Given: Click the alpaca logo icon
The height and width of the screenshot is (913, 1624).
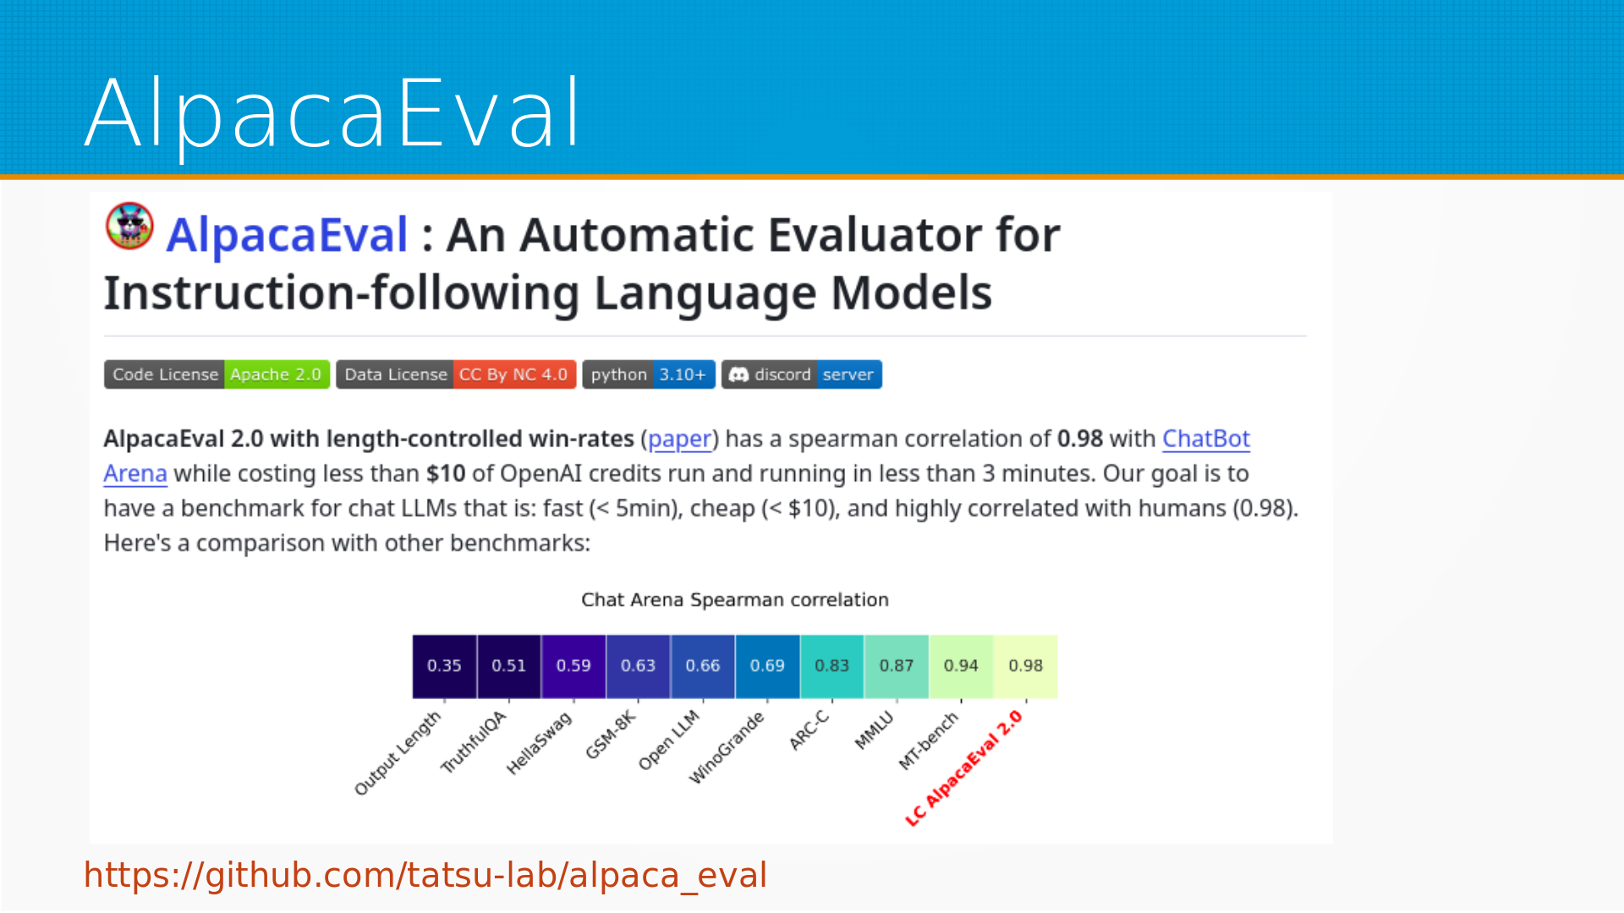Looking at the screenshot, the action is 129,227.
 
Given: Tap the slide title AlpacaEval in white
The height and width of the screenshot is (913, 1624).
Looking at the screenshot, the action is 333,113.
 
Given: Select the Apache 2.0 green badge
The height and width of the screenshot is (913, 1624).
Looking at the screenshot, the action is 277,374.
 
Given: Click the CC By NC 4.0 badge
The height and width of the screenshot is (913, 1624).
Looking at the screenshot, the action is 514,374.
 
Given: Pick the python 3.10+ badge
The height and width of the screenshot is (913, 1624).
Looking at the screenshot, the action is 649,374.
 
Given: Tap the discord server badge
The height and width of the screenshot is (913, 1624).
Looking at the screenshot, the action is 802,374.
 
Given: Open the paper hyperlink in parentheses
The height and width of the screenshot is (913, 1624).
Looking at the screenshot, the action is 679,439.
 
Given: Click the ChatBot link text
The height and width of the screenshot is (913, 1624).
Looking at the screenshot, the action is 1205,439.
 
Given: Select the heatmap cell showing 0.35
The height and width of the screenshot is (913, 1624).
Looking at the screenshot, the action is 444,666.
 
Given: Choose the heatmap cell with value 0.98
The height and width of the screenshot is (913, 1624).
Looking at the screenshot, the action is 1026,666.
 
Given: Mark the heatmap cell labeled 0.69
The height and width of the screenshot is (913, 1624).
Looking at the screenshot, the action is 767,666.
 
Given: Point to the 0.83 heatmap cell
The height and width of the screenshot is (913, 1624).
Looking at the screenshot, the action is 832,666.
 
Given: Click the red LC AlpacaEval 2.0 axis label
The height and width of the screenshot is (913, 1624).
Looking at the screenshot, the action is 964,768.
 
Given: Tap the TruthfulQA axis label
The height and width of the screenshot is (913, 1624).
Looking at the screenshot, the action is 474,741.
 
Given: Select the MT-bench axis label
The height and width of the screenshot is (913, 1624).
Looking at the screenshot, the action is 929,740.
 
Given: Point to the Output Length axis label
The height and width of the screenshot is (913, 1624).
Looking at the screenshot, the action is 398,752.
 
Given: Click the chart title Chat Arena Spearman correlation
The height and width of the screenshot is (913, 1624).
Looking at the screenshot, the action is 735,599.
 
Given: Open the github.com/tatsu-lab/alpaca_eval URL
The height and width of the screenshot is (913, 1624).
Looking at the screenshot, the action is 425,875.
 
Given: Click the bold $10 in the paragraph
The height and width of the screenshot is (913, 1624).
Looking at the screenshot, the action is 446,473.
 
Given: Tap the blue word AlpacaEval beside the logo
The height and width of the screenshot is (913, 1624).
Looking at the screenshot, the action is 287,235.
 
